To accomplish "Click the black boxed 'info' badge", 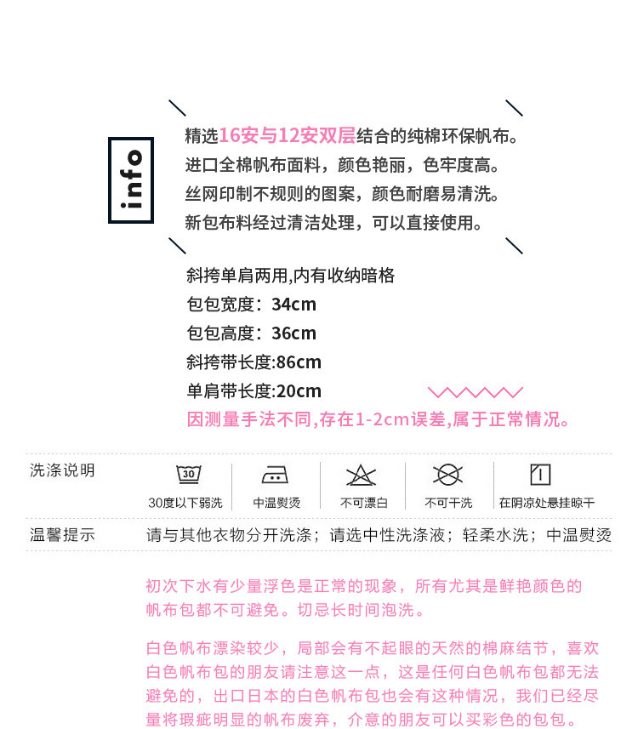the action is point(131,180).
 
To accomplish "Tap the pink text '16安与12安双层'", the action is point(287,136).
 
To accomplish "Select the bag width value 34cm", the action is point(294,305).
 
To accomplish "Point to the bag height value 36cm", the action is point(294,333).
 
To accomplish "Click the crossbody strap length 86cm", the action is point(299,362).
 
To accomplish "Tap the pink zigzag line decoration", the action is point(475,392).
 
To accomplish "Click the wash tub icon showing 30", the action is point(188,475).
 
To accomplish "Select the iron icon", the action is point(276,475).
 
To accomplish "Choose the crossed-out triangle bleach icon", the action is point(362,475).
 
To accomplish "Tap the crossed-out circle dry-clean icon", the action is point(447,475).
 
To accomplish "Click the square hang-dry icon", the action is point(539,475).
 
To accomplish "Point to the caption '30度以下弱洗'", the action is point(185,503).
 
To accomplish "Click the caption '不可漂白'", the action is point(364,503).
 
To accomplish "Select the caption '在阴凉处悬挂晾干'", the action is point(546,503).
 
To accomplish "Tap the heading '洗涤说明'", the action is point(62,470).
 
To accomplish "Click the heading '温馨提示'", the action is point(62,535).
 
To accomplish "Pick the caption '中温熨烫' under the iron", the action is point(276,503).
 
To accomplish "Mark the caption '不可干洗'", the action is point(448,503).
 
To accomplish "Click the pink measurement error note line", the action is point(379,419).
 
